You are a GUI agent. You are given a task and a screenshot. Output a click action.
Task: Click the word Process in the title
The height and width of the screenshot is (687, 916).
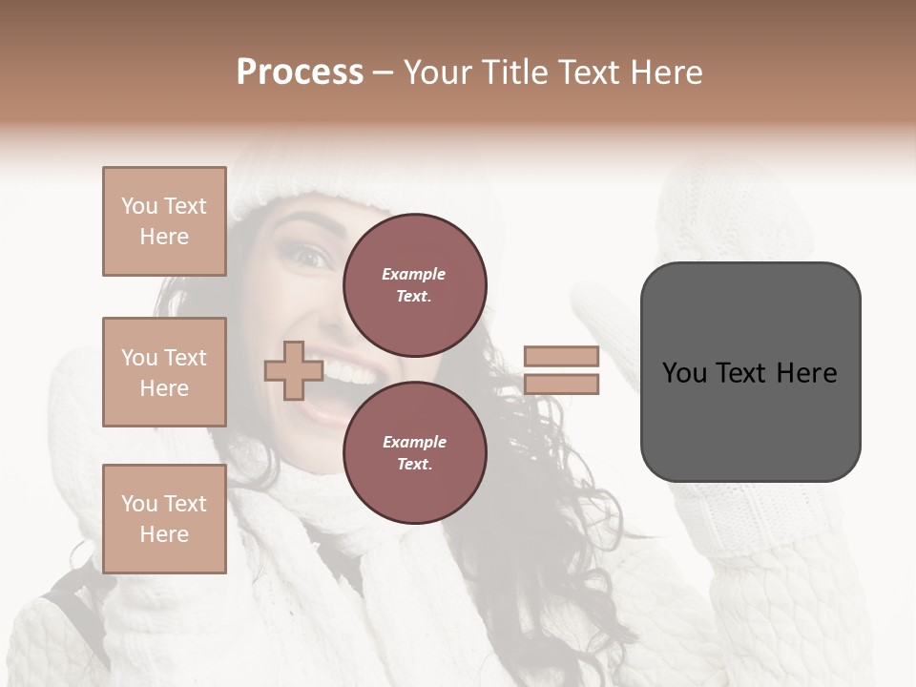point(300,72)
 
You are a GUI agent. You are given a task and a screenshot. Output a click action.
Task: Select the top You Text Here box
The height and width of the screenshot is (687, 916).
point(164,221)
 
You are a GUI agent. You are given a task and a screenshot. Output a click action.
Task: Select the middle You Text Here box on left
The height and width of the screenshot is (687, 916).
point(164,372)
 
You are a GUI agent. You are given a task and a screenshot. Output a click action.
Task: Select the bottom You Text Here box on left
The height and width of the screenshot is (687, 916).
point(164,519)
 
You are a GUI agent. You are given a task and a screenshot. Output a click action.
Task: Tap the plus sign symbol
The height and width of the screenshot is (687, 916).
point(293,371)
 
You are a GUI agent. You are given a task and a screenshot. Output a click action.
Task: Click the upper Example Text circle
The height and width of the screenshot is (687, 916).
point(415,285)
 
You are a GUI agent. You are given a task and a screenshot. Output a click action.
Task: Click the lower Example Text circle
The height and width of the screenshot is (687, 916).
point(415,453)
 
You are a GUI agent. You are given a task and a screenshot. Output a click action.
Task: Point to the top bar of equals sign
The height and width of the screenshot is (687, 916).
point(561,357)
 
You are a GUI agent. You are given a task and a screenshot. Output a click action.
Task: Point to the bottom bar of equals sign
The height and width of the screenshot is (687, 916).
point(561,385)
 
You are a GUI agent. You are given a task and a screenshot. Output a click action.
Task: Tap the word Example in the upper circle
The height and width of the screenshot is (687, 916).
point(414,274)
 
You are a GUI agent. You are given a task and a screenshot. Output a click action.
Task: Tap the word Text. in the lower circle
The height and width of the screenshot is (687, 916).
point(414,465)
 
